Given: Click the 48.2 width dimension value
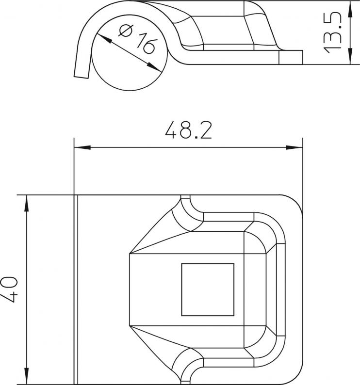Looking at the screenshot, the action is [188, 130].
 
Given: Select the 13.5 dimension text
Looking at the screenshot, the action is [333, 32].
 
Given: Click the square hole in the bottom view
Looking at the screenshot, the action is [208, 289].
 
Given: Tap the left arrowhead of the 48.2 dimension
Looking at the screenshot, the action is [82, 147].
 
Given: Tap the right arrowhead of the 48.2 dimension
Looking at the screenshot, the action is [295, 147].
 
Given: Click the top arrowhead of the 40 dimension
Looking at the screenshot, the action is [27, 203].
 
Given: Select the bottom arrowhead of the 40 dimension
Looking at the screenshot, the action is [27, 376].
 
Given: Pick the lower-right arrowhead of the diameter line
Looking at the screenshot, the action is [154, 67].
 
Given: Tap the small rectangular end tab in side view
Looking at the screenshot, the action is [291, 57].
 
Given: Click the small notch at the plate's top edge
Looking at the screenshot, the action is [185, 197].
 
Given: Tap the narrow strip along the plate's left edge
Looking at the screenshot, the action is [76, 290].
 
